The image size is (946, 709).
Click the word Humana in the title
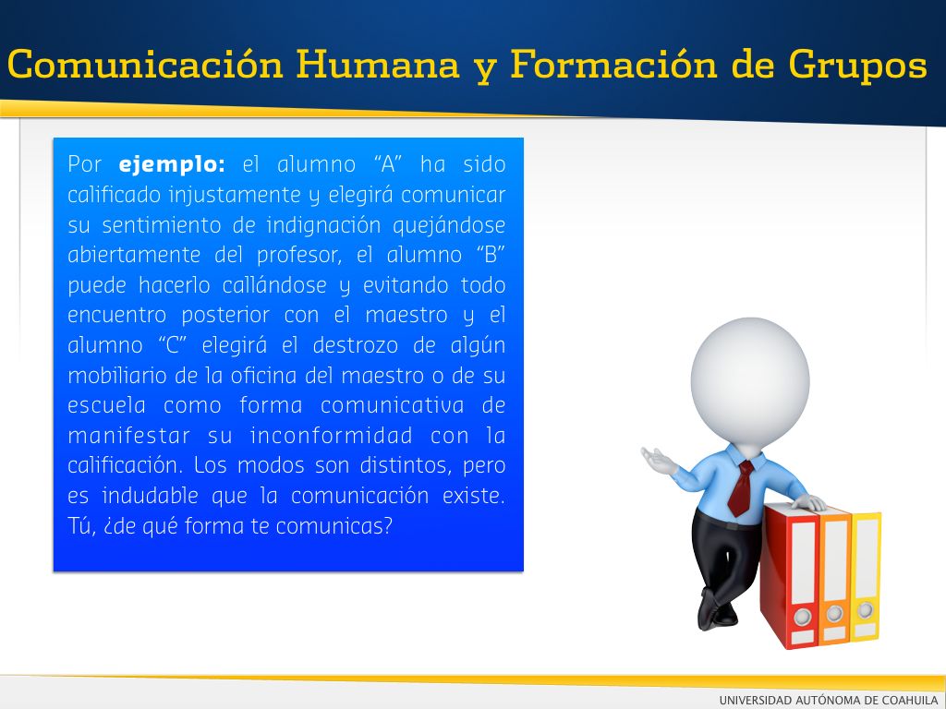pos(378,64)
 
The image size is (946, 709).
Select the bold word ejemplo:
pos(172,165)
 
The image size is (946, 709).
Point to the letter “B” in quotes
pos(491,254)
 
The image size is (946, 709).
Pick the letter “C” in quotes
pos(173,345)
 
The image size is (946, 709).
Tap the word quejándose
pos(449,225)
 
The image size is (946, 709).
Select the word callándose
pos(274,284)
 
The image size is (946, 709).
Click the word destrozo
pos(356,345)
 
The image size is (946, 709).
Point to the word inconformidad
pos(332,436)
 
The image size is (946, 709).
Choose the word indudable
pos(150,496)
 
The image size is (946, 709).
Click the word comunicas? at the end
pos(334,526)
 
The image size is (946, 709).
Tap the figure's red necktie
pos(741,487)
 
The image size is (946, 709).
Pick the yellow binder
pos(865,576)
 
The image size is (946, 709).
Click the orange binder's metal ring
pos(834,614)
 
